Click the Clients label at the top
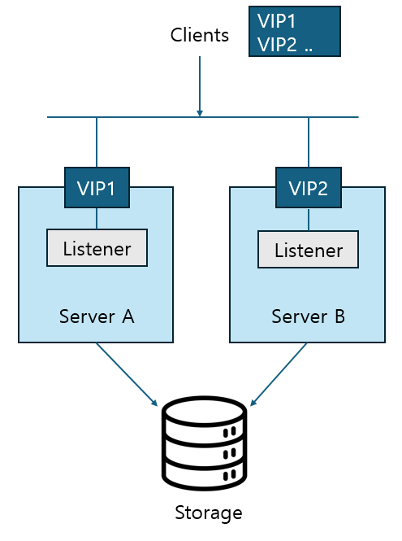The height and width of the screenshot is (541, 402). [x=199, y=35]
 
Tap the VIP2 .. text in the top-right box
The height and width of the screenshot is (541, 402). [x=284, y=44]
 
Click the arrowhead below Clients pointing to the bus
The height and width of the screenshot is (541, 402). [x=199, y=112]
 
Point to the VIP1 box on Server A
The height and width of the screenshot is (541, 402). [x=97, y=188]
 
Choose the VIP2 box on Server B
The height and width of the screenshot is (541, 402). [x=308, y=188]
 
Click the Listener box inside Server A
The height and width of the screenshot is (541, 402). [x=97, y=247]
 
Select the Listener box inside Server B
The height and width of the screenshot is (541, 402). [x=308, y=249]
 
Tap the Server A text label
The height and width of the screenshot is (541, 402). [x=97, y=316]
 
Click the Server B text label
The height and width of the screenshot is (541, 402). [x=308, y=316]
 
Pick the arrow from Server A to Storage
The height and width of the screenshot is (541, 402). [x=127, y=374]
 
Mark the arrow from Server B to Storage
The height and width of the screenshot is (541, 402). [x=279, y=374]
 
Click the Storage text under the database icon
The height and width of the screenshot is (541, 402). [x=209, y=513]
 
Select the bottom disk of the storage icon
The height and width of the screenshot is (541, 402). [x=203, y=471]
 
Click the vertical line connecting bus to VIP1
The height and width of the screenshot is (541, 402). [x=97, y=142]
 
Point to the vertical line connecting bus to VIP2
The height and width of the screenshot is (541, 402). [x=308, y=142]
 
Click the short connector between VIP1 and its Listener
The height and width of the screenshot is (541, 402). [x=97, y=218]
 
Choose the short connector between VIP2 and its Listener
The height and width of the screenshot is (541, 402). [x=308, y=219]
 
